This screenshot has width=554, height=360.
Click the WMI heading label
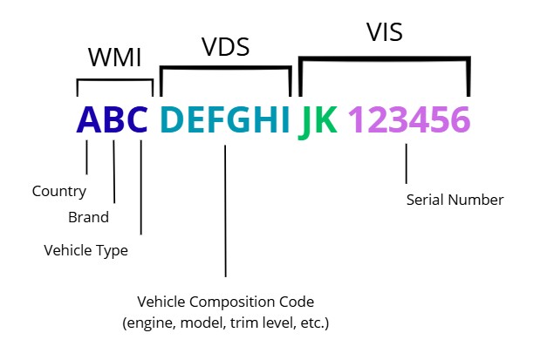114,58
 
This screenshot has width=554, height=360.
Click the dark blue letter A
90,120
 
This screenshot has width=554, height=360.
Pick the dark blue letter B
115,120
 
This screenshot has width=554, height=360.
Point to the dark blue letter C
140,120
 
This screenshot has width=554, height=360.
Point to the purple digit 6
460,120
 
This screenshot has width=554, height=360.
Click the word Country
59,191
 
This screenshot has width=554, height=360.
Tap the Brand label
88,217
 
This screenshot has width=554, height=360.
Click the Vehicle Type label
85,250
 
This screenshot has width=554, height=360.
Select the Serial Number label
455,200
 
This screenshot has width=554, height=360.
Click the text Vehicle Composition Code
225,302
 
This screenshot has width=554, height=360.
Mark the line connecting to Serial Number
407,163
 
